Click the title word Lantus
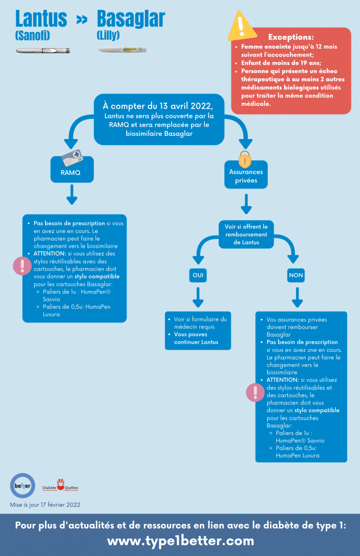[x=41, y=19]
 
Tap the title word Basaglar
[x=131, y=19]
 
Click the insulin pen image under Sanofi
[x=43, y=50]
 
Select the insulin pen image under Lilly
[x=122, y=49]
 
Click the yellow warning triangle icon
[x=242, y=26]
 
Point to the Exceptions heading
[x=291, y=37]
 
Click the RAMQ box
[x=72, y=170]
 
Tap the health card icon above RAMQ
[x=72, y=157]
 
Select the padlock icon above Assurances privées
[x=245, y=159]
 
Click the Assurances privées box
[x=246, y=175]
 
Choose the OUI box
[x=198, y=275]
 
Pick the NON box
[x=296, y=275]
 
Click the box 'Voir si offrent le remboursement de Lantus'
[x=246, y=234]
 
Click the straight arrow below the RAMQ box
[x=72, y=194]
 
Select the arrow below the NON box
[x=297, y=297]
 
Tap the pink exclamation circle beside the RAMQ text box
[x=22, y=266]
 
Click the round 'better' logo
[x=23, y=486]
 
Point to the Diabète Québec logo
[x=60, y=485]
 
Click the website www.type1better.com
[x=180, y=541]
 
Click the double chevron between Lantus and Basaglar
[x=82, y=20]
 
